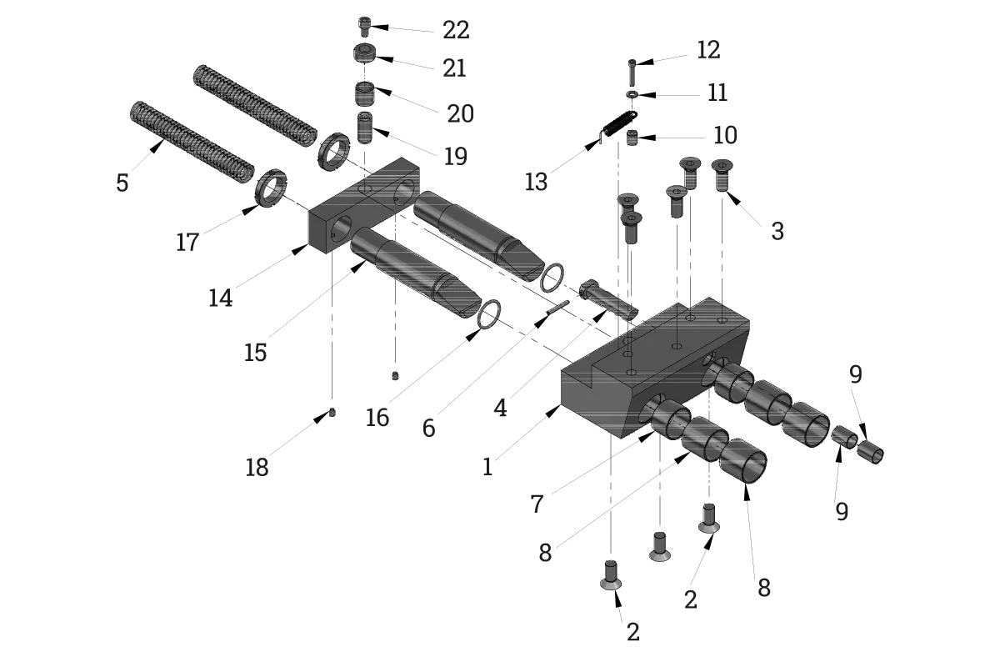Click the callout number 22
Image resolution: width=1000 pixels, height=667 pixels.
click(456, 30)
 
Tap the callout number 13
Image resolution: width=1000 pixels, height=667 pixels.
click(536, 183)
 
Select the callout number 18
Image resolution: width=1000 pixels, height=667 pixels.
click(257, 468)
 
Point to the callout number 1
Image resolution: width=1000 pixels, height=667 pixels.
click(487, 467)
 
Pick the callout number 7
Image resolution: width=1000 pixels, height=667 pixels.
click(537, 504)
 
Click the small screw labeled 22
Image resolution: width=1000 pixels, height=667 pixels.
click(365, 27)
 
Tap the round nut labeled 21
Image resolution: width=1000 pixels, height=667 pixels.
click(364, 54)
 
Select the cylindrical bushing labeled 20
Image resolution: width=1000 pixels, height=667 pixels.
click(365, 94)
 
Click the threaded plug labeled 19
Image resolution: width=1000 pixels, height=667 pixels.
click(365, 128)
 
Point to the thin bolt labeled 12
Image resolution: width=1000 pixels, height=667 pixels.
click(632, 73)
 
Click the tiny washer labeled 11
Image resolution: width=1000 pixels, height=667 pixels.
click(632, 94)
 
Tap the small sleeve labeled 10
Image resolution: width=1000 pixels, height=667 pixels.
click(632, 138)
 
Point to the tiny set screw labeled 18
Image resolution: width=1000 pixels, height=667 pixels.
click(332, 413)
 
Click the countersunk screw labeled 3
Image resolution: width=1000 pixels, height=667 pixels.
click(722, 175)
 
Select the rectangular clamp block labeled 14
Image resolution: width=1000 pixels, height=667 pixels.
click(364, 205)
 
